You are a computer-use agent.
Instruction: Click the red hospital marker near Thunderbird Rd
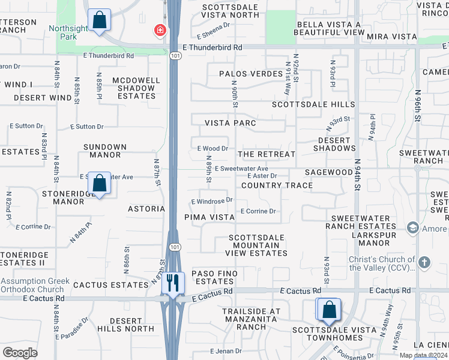(x=160, y=30)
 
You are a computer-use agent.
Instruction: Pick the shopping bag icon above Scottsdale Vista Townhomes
(x=329, y=310)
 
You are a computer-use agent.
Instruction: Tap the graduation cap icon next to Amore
(x=412, y=228)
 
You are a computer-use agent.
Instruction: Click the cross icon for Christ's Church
(x=424, y=262)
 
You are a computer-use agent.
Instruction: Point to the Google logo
(x=20, y=352)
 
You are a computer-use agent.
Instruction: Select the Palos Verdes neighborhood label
(x=250, y=74)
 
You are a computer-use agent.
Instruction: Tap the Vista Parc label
(x=231, y=123)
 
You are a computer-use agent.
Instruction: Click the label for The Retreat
(x=267, y=154)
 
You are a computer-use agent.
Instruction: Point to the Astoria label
(x=146, y=209)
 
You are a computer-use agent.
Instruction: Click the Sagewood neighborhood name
(x=328, y=172)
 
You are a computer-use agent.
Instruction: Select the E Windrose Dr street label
(x=211, y=201)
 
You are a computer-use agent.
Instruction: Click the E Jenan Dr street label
(x=226, y=351)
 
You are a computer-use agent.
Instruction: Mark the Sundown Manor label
(x=105, y=151)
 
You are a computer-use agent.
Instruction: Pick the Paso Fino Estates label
(x=214, y=277)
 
